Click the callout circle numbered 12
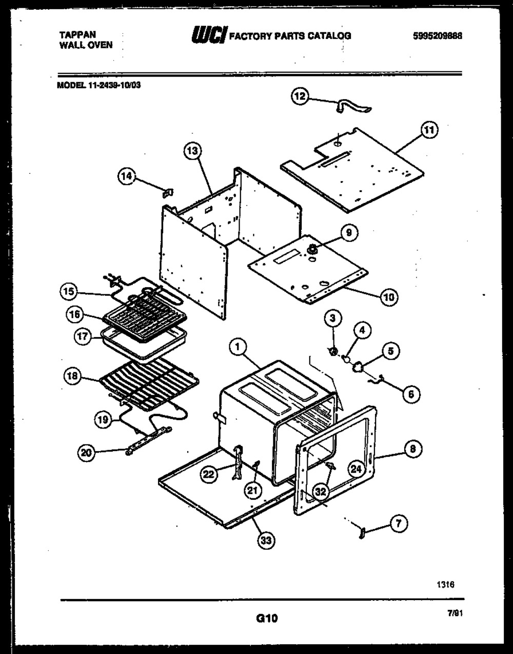pos(301,96)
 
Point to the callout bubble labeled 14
pos(126,176)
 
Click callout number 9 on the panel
pos(348,233)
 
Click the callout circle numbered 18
pos(72,376)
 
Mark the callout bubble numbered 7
pos(399,524)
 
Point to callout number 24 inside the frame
pos(357,468)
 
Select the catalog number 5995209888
pos(437,36)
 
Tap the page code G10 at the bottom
pos(267,618)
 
